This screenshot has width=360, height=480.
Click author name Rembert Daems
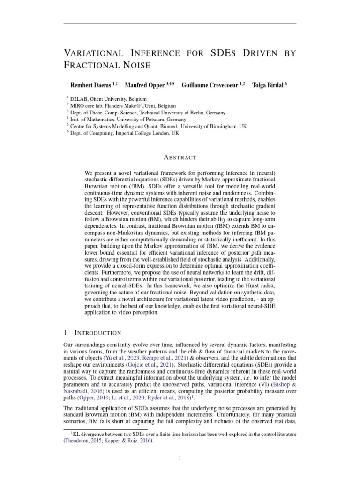90,85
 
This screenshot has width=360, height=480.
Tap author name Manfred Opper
144,85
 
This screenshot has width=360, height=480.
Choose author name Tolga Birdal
267,85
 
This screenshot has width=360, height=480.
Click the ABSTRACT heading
180,157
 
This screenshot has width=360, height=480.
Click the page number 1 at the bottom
180,458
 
